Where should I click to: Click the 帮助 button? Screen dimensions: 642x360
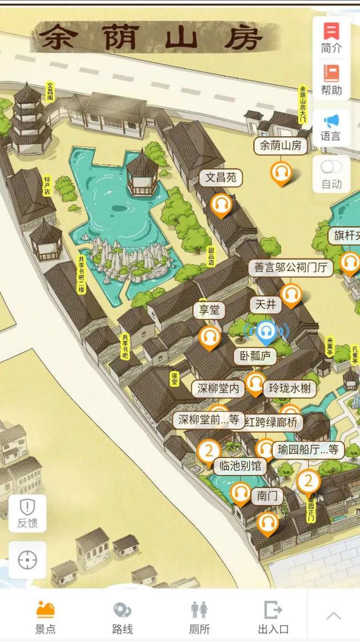click(x=331, y=80)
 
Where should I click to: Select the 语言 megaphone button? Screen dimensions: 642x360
click(x=331, y=127)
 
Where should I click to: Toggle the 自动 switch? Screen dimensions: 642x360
click(x=331, y=167)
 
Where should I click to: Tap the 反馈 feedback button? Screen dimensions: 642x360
click(x=27, y=513)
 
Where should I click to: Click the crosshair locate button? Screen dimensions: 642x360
click(x=27, y=560)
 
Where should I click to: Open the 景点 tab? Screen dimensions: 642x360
click(x=45, y=617)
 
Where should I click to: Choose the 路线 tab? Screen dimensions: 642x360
click(x=122, y=617)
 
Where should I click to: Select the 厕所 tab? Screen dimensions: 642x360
click(x=199, y=617)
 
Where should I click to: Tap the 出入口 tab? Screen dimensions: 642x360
click(x=273, y=617)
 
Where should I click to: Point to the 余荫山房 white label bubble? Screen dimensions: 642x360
click(x=281, y=146)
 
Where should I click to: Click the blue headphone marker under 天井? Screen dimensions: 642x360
click(x=266, y=331)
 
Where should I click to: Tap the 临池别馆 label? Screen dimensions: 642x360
click(x=240, y=466)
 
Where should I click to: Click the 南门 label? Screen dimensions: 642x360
click(x=267, y=496)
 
